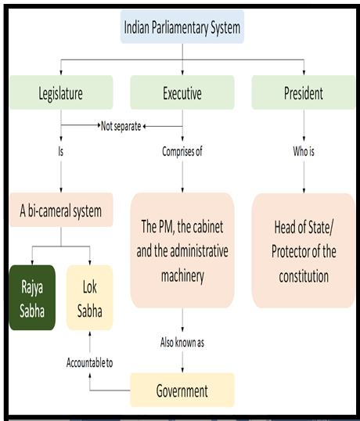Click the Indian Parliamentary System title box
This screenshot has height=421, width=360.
click(182, 27)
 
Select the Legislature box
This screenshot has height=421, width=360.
click(61, 92)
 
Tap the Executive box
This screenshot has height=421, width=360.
click(182, 92)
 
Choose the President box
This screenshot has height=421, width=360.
click(304, 92)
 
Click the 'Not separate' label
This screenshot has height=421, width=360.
click(121, 126)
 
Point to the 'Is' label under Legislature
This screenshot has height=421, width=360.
click(61, 152)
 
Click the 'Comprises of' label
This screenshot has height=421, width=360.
click(182, 152)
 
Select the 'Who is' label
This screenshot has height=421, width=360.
click(304, 152)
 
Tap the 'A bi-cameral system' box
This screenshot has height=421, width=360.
click(61, 210)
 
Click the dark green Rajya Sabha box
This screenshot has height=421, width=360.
click(32, 297)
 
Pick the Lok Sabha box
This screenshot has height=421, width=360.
click(90, 297)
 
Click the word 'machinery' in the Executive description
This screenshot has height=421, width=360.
click(182, 275)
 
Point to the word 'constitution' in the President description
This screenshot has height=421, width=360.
click(304, 276)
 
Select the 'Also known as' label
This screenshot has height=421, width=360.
click(182, 343)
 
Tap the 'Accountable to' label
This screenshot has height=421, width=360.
click(90, 363)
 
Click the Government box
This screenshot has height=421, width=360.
click(182, 390)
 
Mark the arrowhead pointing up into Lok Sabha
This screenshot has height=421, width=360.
click(90, 333)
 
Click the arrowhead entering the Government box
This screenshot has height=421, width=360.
click(182, 370)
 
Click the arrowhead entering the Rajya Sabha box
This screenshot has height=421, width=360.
click(33, 262)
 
